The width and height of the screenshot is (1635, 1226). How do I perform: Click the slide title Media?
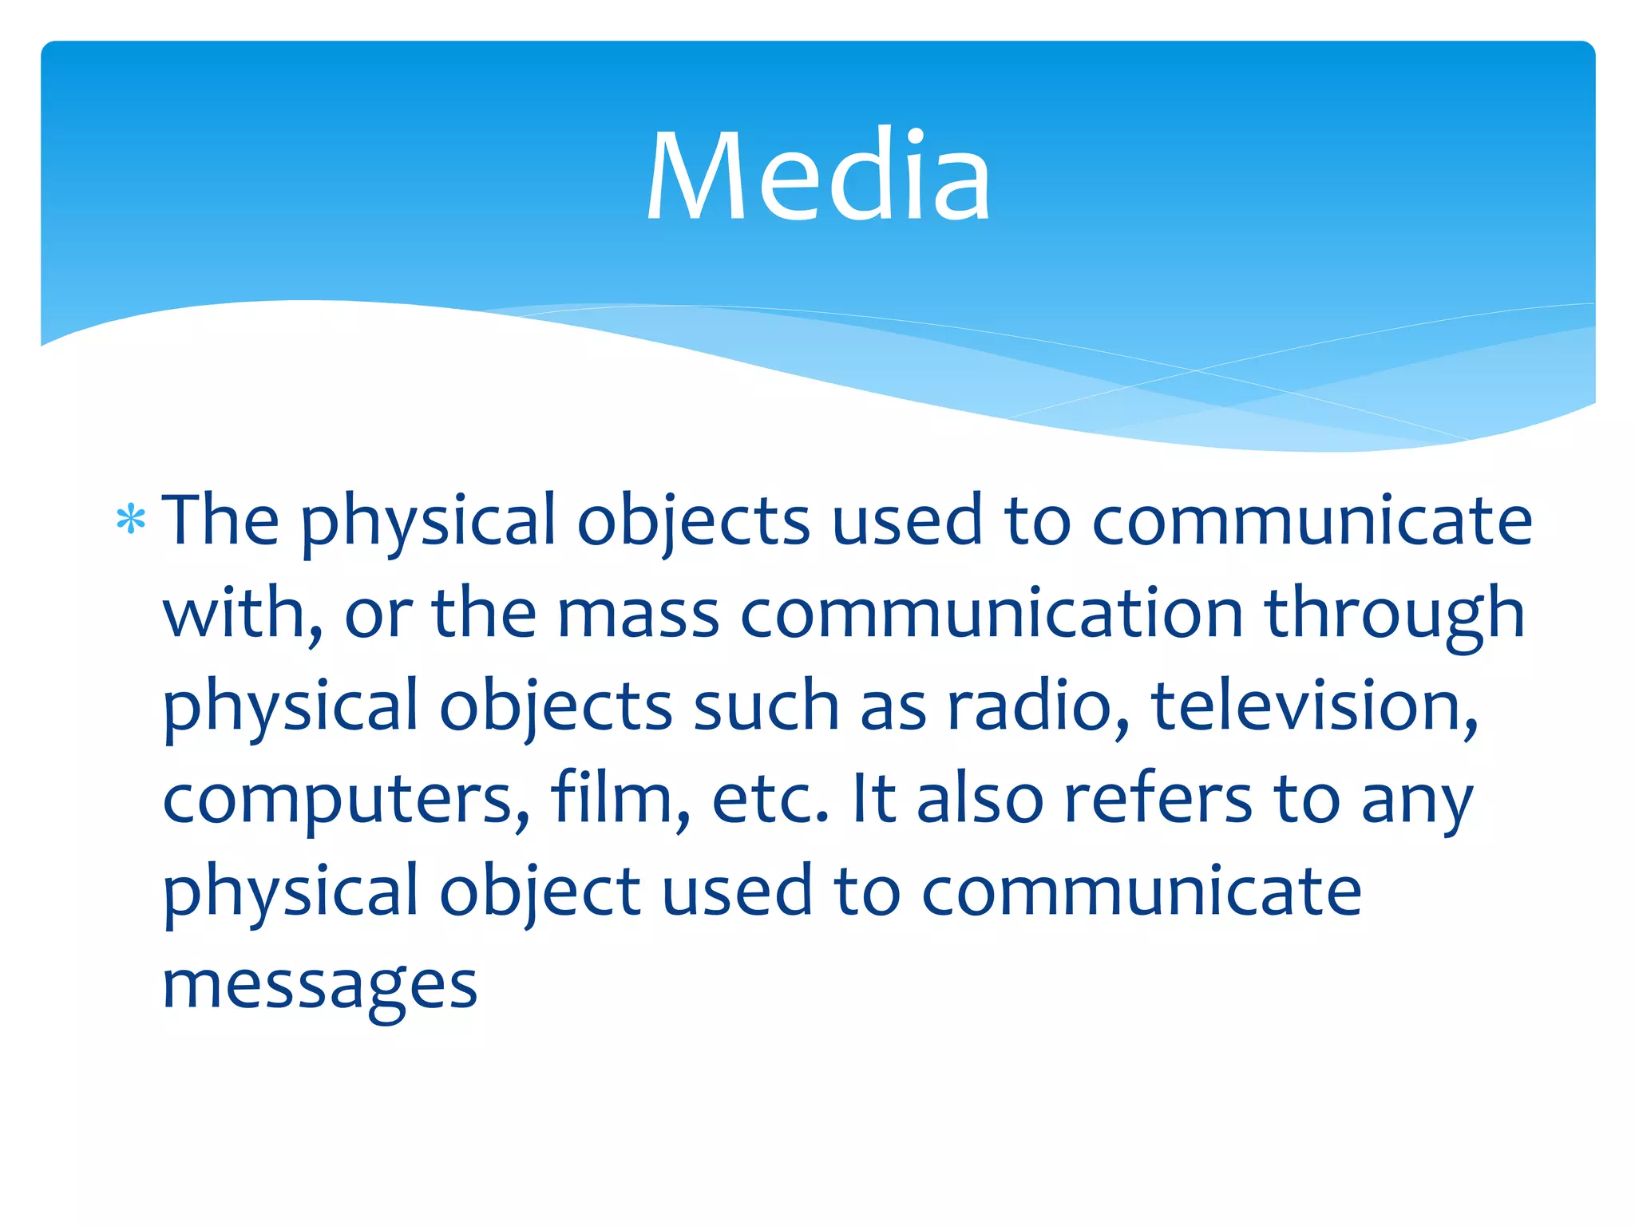tap(818, 176)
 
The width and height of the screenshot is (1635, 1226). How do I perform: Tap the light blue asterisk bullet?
tap(130, 520)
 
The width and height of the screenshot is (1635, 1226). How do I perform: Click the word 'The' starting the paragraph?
tap(221, 520)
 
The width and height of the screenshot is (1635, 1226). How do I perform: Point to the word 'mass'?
tap(639, 613)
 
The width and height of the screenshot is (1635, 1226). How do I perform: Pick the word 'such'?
tap(766, 706)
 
